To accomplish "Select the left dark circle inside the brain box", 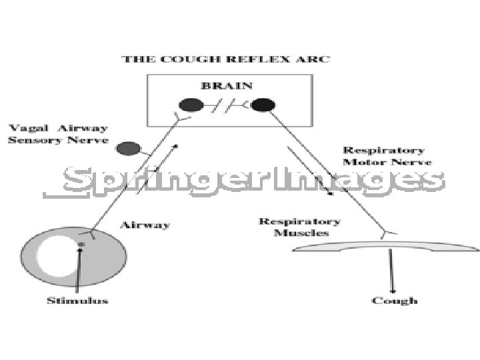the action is tap(191, 105).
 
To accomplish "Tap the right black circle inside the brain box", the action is tap(263, 105).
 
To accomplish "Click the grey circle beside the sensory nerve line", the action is tap(125, 149).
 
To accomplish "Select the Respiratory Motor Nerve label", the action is tap(387, 156).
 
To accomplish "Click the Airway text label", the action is tap(144, 225).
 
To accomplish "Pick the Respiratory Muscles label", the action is tap(299, 227).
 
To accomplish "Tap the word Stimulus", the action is tap(77, 301).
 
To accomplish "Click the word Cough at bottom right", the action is tap(395, 301).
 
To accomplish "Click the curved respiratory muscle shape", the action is tap(387, 247).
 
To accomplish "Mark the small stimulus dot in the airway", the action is tap(81, 245).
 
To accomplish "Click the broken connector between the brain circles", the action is tap(227, 105).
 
